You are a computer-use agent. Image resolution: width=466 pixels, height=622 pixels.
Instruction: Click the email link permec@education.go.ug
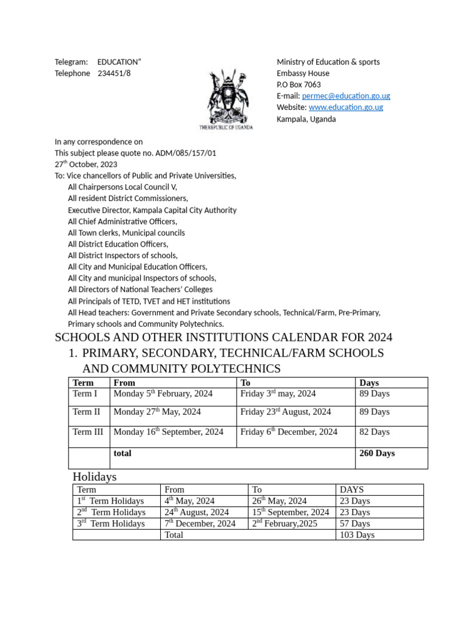pyautogui.click(x=346, y=96)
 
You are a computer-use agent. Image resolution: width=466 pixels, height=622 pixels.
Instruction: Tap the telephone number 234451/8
pyautogui.click(x=114, y=73)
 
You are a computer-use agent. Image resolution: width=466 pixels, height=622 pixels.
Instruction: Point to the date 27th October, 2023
pyautogui.click(x=86, y=165)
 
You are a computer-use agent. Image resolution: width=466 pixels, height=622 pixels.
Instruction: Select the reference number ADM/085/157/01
pyautogui.click(x=186, y=153)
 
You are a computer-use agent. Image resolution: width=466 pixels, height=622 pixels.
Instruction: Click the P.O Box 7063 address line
pyautogui.click(x=299, y=85)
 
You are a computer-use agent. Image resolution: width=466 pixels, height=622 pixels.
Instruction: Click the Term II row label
pyautogui.click(x=87, y=412)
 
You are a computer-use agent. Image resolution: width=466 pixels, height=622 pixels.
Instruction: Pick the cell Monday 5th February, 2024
pyautogui.click(x=163, y=394)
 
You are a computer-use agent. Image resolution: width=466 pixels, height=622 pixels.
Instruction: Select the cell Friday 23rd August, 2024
pyautogui.click(x=286, y=412)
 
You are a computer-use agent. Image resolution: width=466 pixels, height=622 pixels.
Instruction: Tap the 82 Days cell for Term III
pyautogui.click(x=374, y=432)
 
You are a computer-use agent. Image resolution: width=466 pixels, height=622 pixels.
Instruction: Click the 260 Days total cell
pyautogui.click(x=377, y=453)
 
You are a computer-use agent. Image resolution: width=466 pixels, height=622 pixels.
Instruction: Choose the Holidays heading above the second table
pyautogui.click(x=95, y=477)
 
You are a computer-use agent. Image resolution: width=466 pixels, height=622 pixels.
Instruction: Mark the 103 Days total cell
pyautogui.click(x=357, y=535)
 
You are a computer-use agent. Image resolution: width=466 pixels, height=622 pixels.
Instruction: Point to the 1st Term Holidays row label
pyautogui.click(x=110, y=501)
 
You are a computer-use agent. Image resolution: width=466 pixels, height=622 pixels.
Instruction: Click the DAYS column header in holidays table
pyautogui.click(x=352, y=490)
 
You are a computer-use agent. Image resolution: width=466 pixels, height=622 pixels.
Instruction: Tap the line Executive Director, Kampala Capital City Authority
pyautogui.click(x=152, y=210)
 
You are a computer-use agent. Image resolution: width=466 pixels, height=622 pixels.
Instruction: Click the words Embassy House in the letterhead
pyautogui.click(x=303, y=73)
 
